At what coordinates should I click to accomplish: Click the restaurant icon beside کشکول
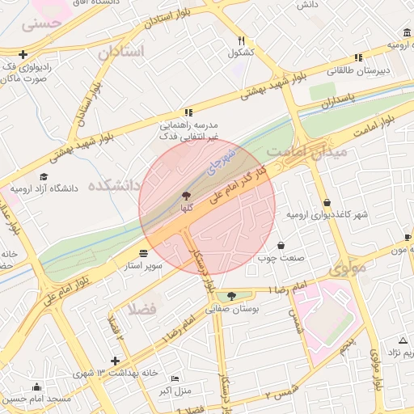(x=241, y=40)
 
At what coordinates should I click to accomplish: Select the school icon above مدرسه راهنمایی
(x=188, y=112)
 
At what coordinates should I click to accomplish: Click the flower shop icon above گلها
(x=187, y=195)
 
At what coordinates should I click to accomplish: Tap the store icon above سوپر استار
(x=144, y=252)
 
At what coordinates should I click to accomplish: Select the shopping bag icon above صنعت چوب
(x=281, y=245)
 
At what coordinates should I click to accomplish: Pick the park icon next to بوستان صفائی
(x=233, y=296)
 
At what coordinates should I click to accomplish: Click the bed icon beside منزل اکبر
(x=154, y=378)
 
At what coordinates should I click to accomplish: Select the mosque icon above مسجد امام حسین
(x=35, y=387)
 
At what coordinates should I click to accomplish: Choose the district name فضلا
(x=135, y=309)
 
